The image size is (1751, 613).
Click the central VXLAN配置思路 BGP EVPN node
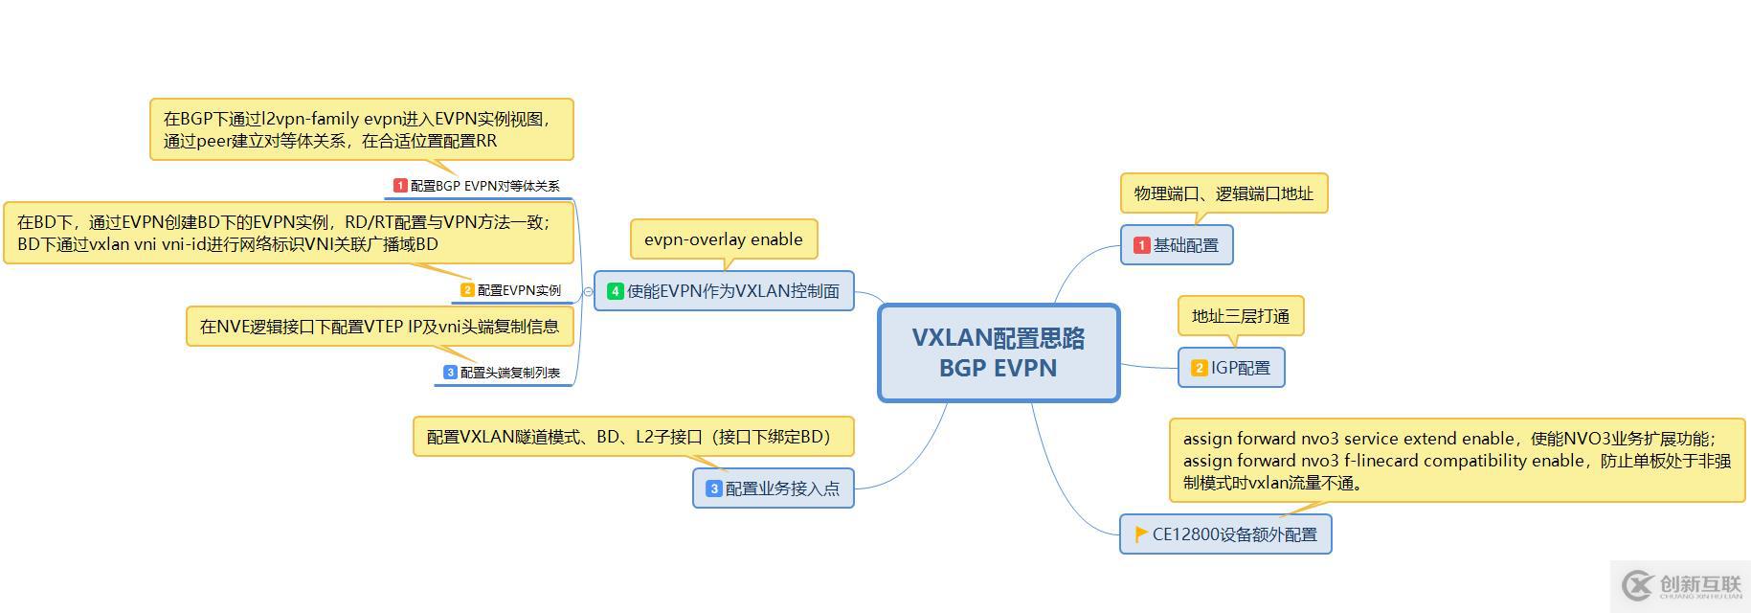[x=999, y=352]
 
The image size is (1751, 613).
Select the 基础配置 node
[x=1177, y=245]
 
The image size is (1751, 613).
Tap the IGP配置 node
[x=1231, y=368]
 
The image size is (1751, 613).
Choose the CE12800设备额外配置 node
[x=1225, y=534]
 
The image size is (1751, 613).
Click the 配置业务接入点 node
[x=774, y=488]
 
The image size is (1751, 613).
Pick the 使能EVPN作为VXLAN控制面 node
[x=724, y=291]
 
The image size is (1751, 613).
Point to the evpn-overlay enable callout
[x=724, y=239]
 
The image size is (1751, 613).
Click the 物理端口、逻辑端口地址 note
[x=1223, y=193]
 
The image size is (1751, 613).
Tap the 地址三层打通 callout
[x=1241, y=316]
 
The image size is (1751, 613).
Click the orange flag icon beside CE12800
[x=1140, y=534]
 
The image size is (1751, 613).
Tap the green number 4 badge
[x=615, y=291]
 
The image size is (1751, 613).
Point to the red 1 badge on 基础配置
[x=1141, y=245]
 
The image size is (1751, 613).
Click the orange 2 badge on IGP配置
[x=1199, y=368]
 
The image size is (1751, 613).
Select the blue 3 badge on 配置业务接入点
[x=713, y=488]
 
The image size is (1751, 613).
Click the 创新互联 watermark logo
[x=1681, y=585]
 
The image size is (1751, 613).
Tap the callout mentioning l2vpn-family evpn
[x=362, y=129]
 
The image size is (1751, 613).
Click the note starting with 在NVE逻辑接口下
[x=379, y=327]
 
